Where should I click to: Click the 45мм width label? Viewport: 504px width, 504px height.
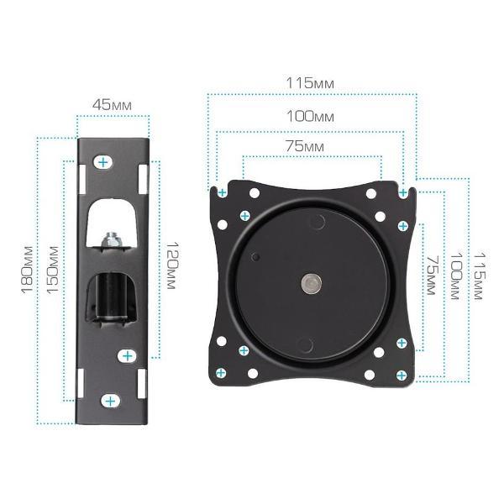point(112,105)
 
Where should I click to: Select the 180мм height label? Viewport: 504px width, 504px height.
point(27,270)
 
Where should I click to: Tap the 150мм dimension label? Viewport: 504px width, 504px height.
point(53,270)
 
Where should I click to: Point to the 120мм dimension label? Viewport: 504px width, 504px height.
point(171,265)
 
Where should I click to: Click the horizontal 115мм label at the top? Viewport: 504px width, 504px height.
point(310,83)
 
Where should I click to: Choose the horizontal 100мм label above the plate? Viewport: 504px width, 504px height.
point(310,116)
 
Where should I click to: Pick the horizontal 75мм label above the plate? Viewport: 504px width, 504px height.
point(305,146)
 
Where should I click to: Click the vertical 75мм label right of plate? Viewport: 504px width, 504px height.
point(432,276)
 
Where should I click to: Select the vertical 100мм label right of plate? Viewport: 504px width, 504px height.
point(456,276)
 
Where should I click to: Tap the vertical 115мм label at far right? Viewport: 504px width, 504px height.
point(480,276)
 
